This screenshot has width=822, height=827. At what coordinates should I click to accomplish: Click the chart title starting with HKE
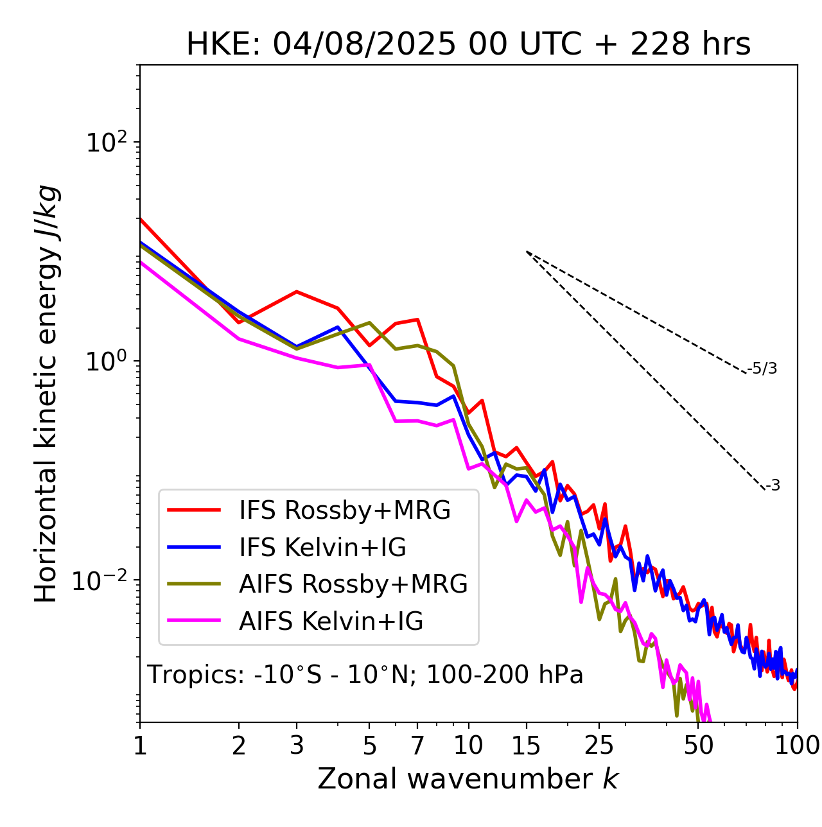(468, 45)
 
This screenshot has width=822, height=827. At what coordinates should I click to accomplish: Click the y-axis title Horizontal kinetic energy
(46, 394)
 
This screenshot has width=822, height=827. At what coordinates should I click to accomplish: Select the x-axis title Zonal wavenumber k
(468, 779)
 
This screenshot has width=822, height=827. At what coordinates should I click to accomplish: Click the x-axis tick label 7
(417, 745)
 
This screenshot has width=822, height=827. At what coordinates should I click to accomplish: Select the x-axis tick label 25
(599, 745)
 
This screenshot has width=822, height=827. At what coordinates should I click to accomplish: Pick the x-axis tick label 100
(797, 745)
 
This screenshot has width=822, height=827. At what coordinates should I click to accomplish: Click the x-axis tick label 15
(526, 745)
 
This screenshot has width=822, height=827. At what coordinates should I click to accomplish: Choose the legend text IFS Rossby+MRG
(345, 510)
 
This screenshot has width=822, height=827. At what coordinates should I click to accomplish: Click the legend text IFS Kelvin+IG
(322, 548)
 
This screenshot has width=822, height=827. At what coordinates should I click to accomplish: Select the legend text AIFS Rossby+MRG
(353, 584)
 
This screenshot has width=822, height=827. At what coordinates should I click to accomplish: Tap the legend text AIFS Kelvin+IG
(331, 622)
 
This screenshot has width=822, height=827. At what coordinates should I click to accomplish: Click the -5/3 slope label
(762, 369)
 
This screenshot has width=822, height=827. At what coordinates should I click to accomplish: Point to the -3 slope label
(773, 486)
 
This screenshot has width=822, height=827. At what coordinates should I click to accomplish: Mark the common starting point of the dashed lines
(527, 252)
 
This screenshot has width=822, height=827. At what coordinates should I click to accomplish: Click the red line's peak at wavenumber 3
(297, 292)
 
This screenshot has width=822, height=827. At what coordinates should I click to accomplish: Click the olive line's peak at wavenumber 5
(369, 322)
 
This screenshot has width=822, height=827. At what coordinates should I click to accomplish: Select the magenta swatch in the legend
(194, 621)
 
